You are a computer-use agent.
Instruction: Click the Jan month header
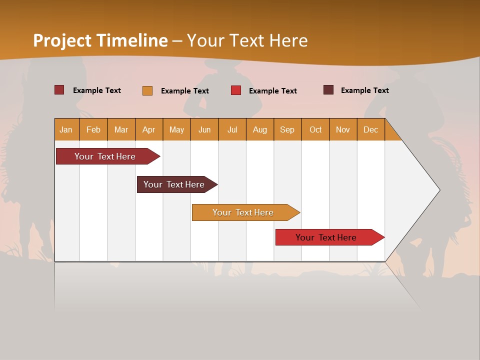pos(66,129)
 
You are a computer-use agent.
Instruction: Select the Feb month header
pos(93,129)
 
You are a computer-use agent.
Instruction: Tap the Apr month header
pos(148,129)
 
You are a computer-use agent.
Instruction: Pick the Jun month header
pos(204,129)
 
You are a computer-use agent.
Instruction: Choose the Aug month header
pos(259,129)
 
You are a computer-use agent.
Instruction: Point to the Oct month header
pos(315,129)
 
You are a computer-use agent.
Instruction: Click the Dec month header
pos(370,129)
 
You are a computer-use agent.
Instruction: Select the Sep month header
pos(287,129)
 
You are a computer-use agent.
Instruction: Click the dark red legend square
pos(59,90)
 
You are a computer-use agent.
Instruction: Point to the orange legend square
pos(147,90)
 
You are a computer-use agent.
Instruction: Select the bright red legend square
pos(236,90)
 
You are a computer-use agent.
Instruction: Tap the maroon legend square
pos(328,90)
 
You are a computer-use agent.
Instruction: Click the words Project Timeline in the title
pos(100,40)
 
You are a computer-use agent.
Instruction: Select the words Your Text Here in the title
pos(247,40)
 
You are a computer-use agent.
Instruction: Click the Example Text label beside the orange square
pos(185,91)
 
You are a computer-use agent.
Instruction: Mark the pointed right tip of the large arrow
pos(439,190)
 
